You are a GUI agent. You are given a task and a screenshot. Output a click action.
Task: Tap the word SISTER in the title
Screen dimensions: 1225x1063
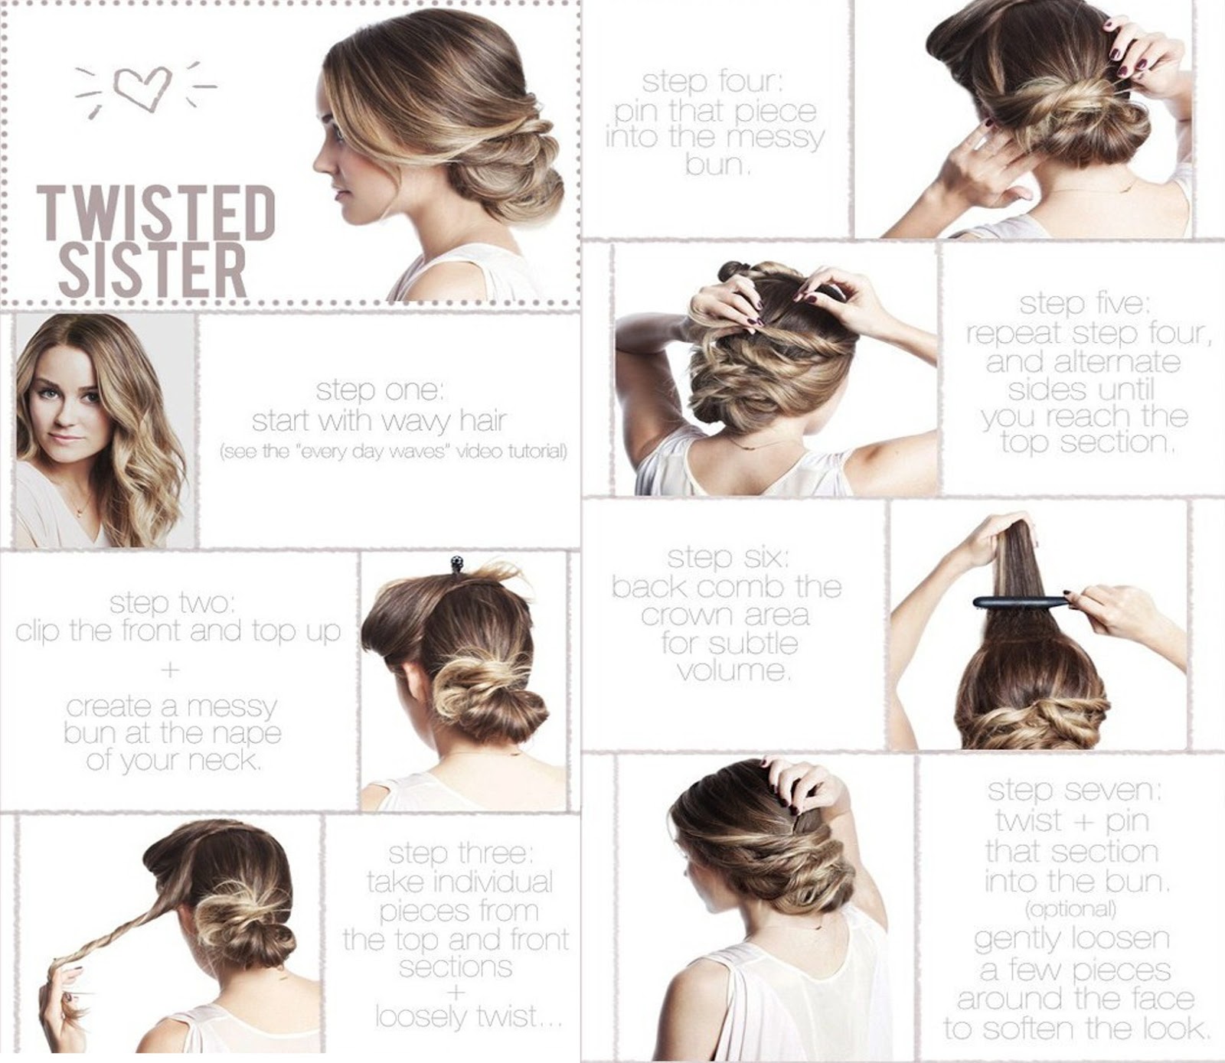click(x=153, y=269)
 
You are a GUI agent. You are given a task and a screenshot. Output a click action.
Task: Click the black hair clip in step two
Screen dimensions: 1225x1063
click(x=456, y=563)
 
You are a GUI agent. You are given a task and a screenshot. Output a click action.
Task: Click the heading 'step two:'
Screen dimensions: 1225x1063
click(x=170, y=604)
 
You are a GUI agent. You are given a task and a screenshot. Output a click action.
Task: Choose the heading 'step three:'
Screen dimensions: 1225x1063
click(x=457, y=853)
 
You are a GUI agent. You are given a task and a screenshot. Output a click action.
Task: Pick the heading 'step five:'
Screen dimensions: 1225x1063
click(x=1083, y=305)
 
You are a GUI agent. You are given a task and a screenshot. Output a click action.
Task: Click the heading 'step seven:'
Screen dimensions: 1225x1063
click(x=1073, y=791)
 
